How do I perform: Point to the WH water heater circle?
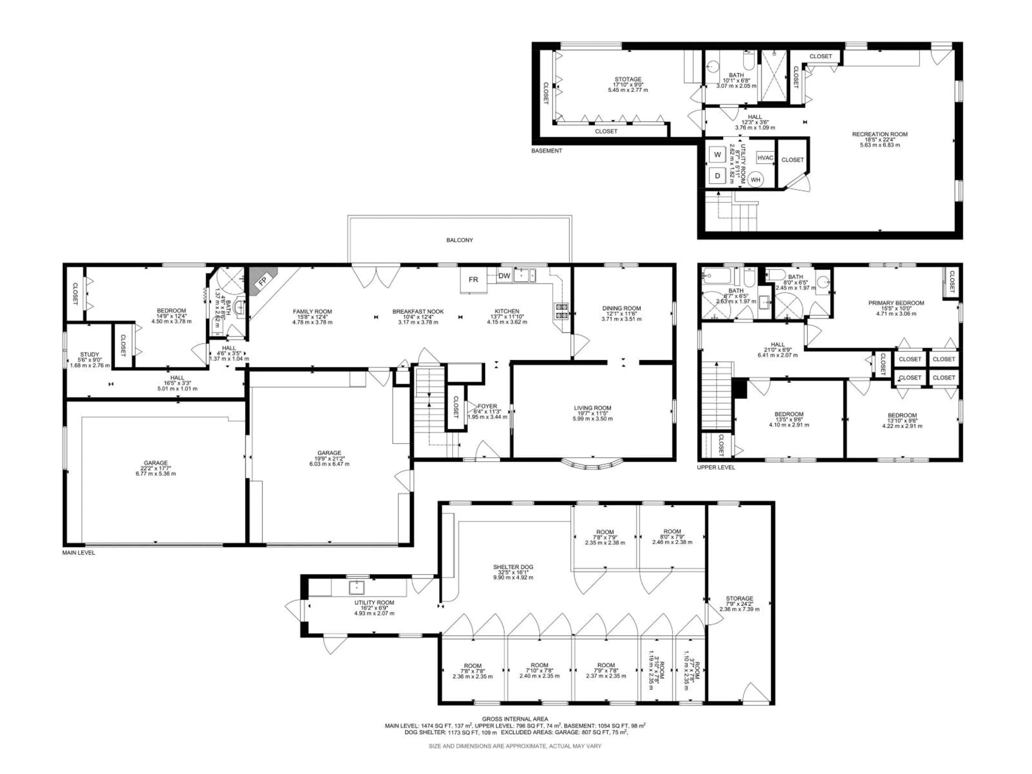(755, 180)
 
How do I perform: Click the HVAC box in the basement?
(765, 158)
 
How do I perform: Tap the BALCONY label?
(460, 240)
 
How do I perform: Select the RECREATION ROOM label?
(879, 134)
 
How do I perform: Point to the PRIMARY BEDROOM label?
(896, 303)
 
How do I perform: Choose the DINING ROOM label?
(621, 308)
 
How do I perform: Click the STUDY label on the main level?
(89, 354)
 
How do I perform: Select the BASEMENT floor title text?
(546, 151)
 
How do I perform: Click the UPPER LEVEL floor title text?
(716, 467)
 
